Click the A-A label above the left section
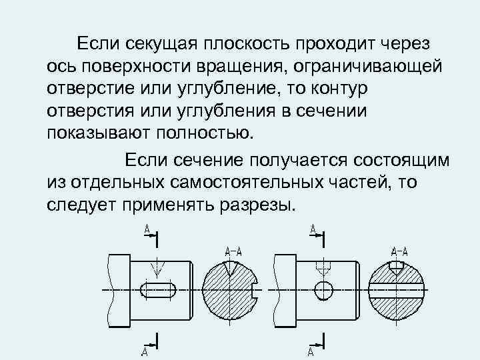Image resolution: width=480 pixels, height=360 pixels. click(233, 251)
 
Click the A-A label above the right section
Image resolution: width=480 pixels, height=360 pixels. click(399, 251)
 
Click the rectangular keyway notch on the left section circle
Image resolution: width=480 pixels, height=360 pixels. click(257, 291)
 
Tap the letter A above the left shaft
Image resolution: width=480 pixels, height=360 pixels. click(146, 229)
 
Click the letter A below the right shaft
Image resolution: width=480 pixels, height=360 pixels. click(311, 351)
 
